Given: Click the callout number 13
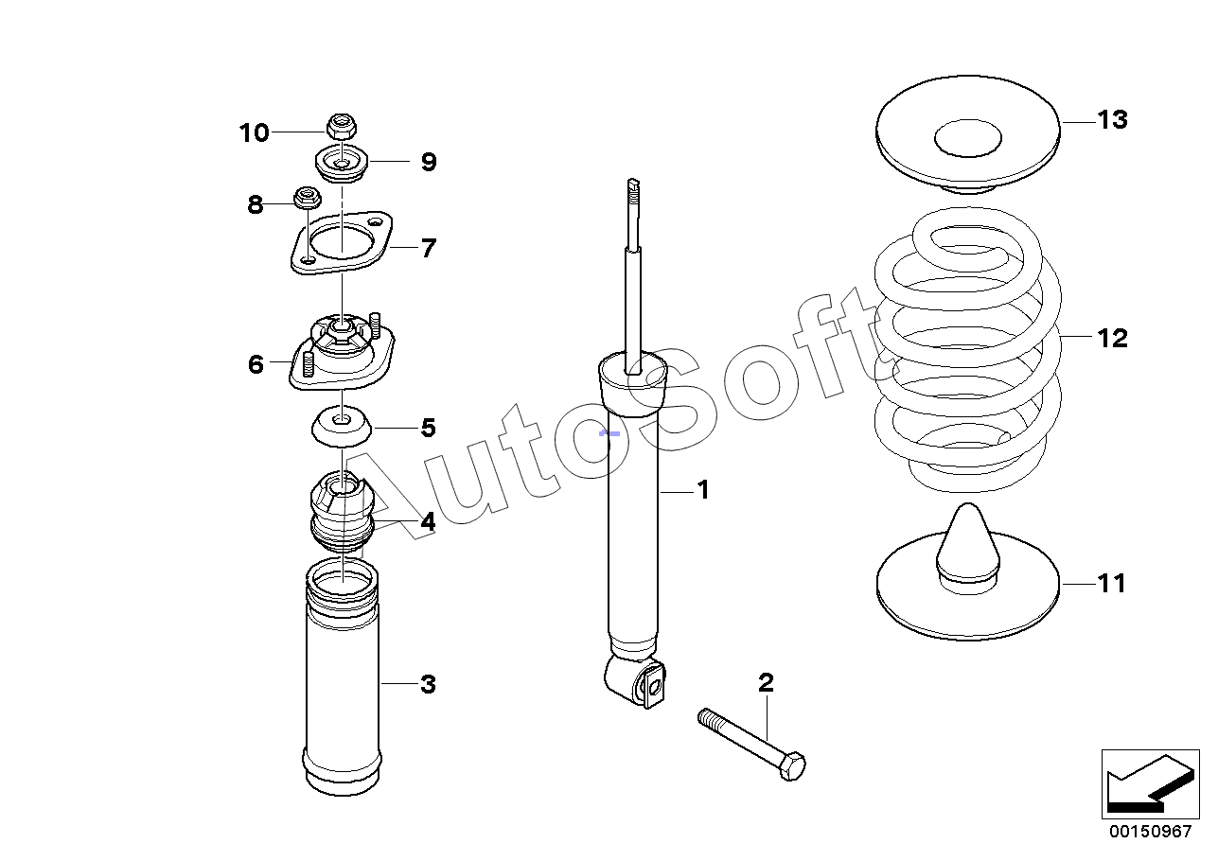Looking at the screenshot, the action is [x=1113, y=119].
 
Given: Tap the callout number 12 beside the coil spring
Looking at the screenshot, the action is [x=1113, y=338].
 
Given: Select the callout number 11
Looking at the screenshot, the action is [x=1112, y=584].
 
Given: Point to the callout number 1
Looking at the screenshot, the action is [x=703, y=490].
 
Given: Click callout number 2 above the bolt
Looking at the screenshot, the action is [x=766, y=683].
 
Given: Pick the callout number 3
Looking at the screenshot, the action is [x=429, y=684].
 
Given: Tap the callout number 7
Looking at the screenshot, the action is [x=429, y=248].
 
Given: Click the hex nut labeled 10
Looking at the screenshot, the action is [x=341, y=127].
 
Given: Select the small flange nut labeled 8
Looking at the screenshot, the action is [x=308, y=198].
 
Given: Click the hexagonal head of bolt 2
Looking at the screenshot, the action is [x=792, y=766].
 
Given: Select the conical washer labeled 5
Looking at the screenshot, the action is [x=342, y=426].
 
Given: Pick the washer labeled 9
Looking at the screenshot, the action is [x=342, y=164].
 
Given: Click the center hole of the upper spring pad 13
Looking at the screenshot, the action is [x=968, y=138].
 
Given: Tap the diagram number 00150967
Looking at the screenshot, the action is [x=1150, y=831].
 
